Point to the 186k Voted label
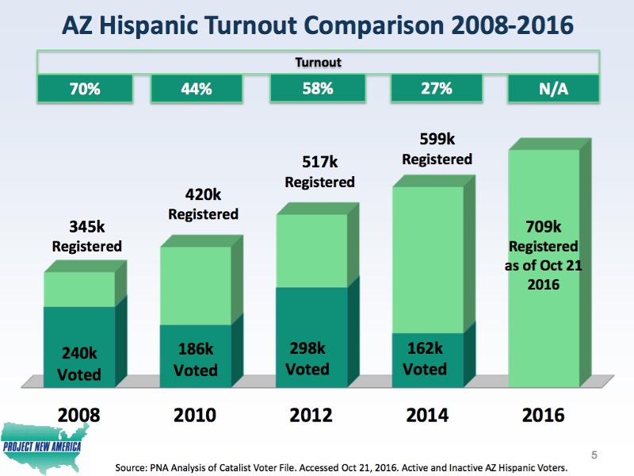[195, 359]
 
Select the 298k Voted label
[307, 359]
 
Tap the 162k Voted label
[425, 359]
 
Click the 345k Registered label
[86, 236]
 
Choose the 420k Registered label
[203, 204]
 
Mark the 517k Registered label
[319, 172]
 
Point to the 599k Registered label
[437, 149]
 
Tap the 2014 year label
[427, 415]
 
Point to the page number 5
[595, 455]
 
